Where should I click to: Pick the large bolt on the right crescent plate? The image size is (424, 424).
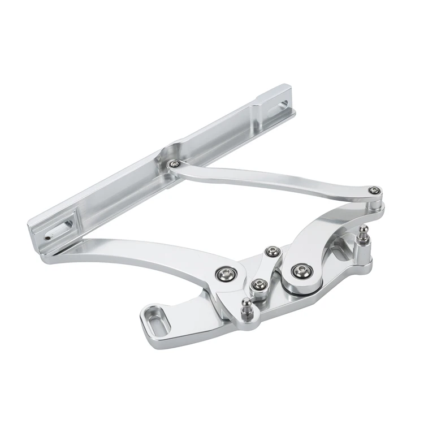tap(300, 270)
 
